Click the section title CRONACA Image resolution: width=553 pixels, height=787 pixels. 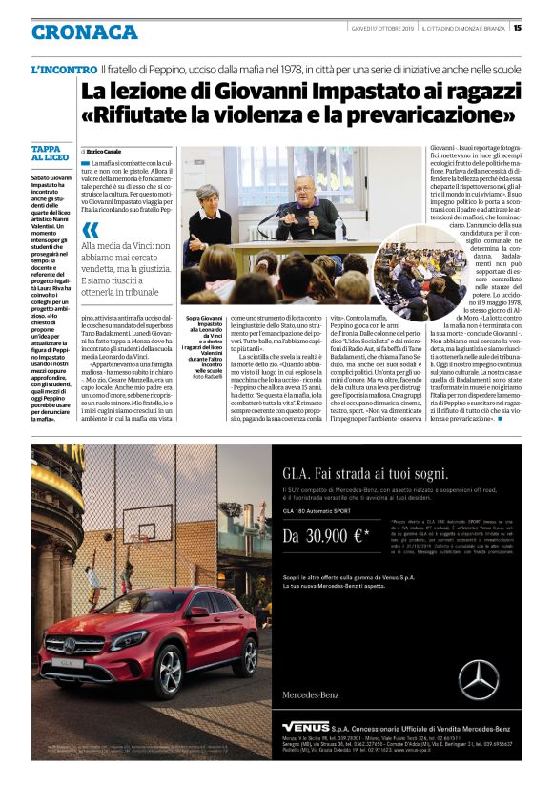(x=85, y=31)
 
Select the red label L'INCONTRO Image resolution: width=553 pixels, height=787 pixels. (x=63, y=71)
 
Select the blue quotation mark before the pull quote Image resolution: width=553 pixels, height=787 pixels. (x=91, y=229)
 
